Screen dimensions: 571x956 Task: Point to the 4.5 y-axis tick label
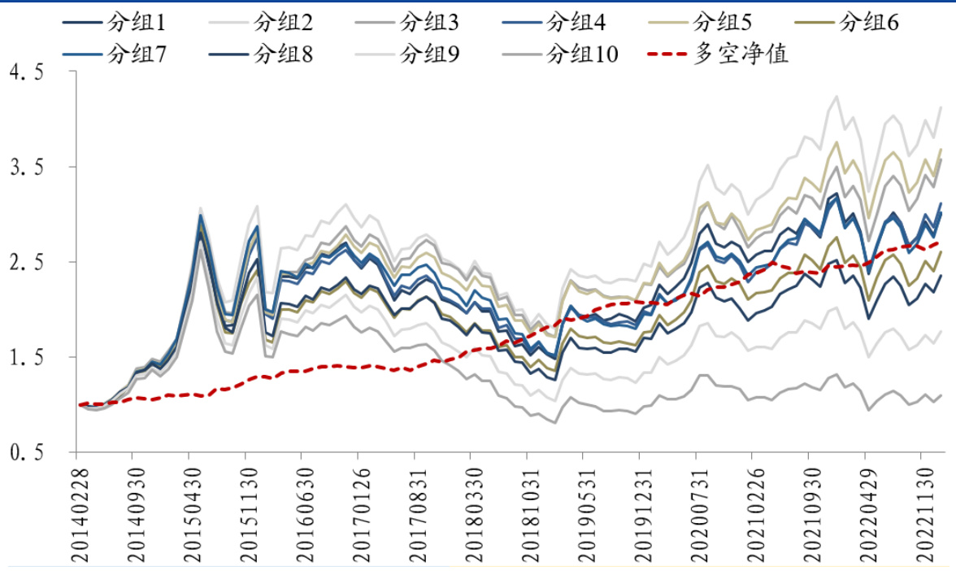coord(25,72)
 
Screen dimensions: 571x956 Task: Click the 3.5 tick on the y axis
coord(25,168)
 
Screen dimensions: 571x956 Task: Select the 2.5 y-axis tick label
coord(25,263)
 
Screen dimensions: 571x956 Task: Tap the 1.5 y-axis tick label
coord(25,358)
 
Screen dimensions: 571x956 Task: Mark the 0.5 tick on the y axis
coord(25,453)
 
